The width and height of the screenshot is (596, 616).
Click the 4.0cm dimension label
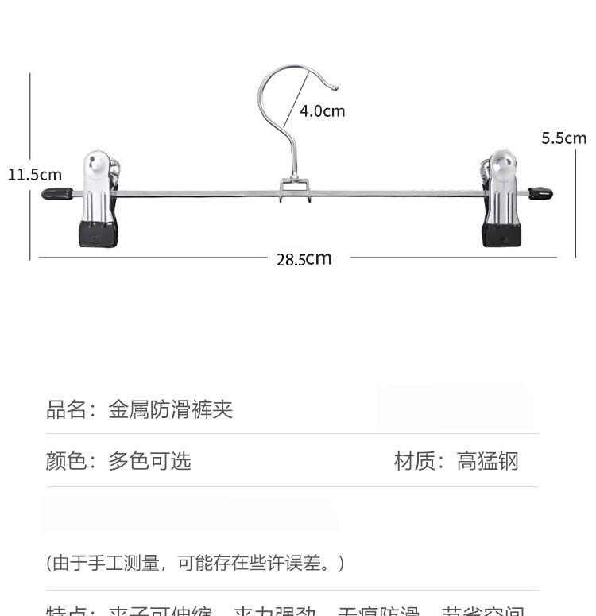pyautogui.click(x=322, y=111)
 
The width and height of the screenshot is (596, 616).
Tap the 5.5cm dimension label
pyautogui.click(x=563, y=138)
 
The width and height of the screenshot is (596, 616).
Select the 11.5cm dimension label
pyautogui.click(x=34, y=174)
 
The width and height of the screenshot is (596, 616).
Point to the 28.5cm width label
pyautogui.click(x=304, y=258)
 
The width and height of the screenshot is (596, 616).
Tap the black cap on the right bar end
pyautogui.click(x=540, y=193)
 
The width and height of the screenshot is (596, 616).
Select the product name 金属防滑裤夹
pyautogui.click(x=170, y=410)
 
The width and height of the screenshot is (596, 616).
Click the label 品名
pyautogui.click(x=66, y=410)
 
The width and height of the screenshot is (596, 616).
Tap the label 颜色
pyautogui.click(x=66, y=460)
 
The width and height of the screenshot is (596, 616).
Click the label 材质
pyautogui.click(x=415, y=460)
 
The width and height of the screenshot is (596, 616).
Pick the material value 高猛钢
pyautogui.click(x=487, y=460)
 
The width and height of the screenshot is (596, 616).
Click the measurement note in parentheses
pyautogui.click(x=195, y=563)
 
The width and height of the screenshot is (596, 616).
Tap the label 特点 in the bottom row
pyautogui.click(x=66, y=610)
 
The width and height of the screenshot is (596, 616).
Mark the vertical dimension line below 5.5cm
pyautogui.click(x=575, y=199)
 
